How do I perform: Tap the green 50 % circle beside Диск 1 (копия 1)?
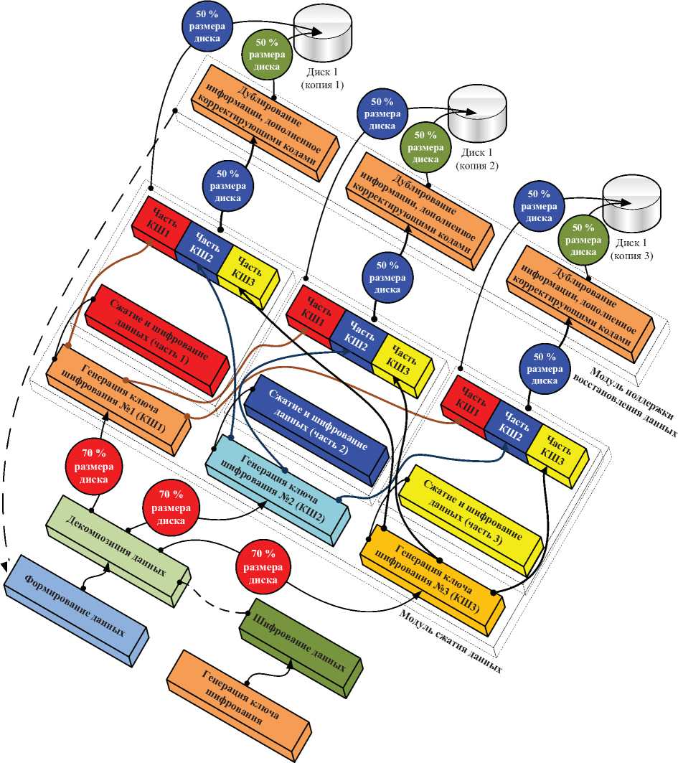[268, 55]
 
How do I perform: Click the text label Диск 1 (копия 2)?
[476, 159]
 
